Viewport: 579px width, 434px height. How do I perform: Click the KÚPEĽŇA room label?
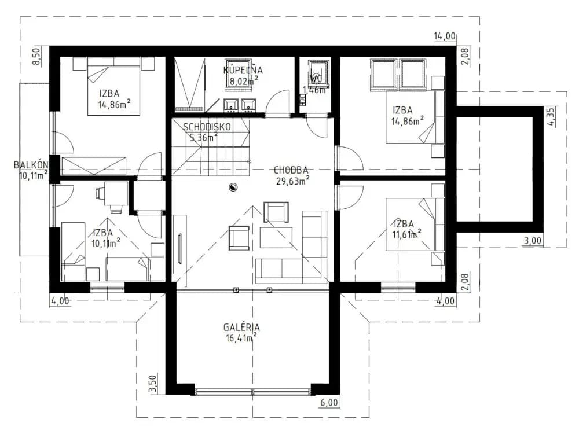tap(243, 70)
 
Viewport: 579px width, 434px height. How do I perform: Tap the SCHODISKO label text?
tap(207, 127)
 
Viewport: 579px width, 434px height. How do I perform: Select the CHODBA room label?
tap(291, 170)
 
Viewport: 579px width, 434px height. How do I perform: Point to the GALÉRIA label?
tap(241, 328)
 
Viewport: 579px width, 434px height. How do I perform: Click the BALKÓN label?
tap(31, 164)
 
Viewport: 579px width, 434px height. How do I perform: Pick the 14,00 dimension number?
tap(445, 36)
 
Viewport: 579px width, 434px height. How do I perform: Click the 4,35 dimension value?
tap(551, 117)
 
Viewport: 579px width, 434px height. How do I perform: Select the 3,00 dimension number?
tap(533, 241)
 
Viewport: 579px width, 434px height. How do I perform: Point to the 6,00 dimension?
tap(329, 403)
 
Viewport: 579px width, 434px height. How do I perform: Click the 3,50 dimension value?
tap(155, 384)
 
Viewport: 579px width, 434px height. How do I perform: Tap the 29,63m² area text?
tap(292, 181)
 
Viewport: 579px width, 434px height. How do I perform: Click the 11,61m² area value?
tap(407, 234)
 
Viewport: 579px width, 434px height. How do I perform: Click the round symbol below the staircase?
tap(233, 187)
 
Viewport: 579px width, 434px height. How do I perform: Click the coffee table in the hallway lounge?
tap(276, 238)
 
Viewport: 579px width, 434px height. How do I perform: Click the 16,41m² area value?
tap(241, 338)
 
